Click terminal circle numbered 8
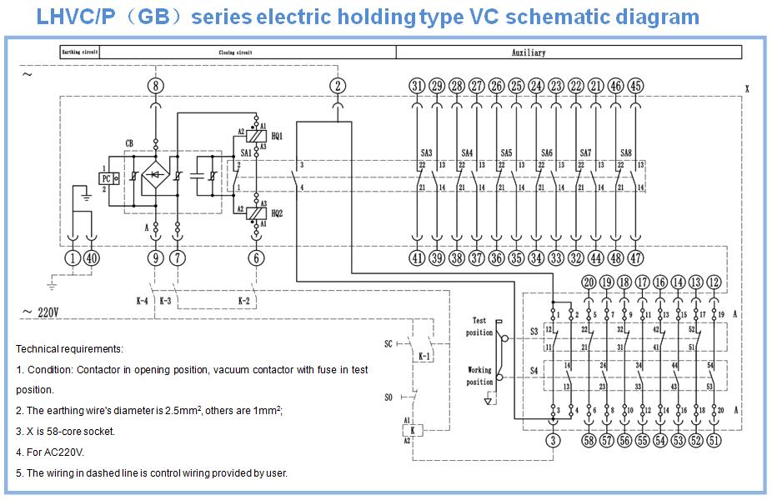point(155,86)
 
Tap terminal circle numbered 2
point(337,86)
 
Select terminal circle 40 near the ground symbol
point(92,258)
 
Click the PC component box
point(109,177)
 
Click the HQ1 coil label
point(278,135)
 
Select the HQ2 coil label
point(278,212)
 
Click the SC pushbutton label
point(389,343)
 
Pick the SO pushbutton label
point(389,397)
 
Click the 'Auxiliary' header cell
point(529,52)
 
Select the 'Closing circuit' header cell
point(236,52)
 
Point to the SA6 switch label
point(547,152)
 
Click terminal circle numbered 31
point(417,86)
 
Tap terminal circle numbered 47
point(635,258)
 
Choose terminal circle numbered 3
point(552,441)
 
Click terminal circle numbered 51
point(714,441)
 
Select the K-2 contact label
point(244,299)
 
